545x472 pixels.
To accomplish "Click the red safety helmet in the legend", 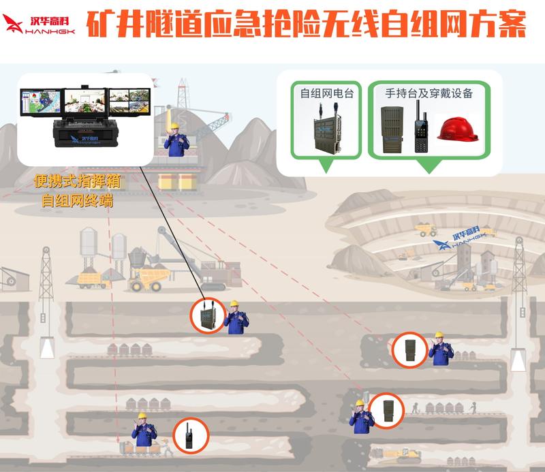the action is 457,129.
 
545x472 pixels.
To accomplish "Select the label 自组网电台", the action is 327,93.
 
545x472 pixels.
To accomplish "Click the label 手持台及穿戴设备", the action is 429,93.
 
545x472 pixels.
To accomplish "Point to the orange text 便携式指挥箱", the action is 77,181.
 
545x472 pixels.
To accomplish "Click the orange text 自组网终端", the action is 77,200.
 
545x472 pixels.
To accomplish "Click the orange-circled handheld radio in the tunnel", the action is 191,435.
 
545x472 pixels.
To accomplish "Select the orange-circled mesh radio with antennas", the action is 208,315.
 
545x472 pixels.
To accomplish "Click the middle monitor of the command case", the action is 84,101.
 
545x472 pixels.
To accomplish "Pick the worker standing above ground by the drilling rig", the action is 176,140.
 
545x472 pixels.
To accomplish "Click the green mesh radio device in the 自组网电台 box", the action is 327,129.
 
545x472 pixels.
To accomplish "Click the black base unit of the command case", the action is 86,132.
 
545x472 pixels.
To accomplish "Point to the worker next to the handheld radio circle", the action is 144,430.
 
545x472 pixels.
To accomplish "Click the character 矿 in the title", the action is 100,23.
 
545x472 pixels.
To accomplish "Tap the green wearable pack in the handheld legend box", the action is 392,129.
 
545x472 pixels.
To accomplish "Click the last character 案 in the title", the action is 512,23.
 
